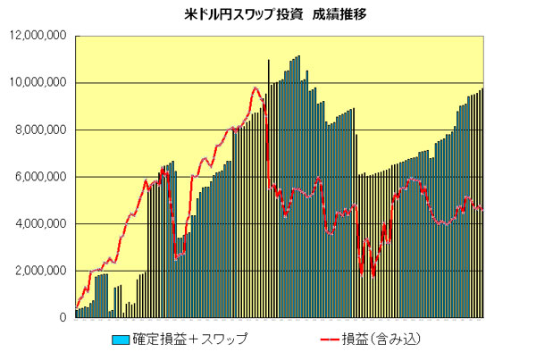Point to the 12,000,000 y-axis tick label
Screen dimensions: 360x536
click(x=37, y=37)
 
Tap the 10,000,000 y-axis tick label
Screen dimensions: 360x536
click(x=37, y=83)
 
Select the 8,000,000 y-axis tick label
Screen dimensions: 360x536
click(x=40, y=130)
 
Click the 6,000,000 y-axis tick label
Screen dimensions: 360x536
click(x=40, y=177)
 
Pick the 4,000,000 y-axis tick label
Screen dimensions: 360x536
click(x=40, y=224)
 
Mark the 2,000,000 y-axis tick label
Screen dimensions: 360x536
click(x=40, y=271)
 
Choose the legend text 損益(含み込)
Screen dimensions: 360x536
click(x=381, y=339)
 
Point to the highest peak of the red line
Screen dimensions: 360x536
click(x=255, y=88)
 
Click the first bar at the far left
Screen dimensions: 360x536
click(x=77, y=314)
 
